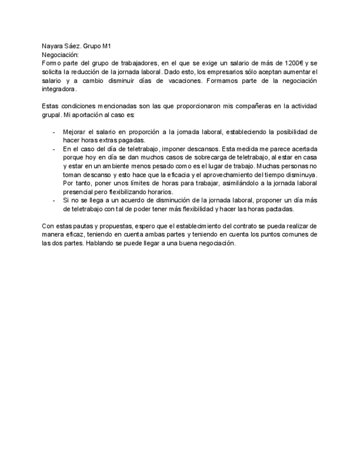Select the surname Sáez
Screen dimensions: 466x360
click(72, 47)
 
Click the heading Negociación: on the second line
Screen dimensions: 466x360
click(60, 55)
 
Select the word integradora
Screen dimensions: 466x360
click(58, 88)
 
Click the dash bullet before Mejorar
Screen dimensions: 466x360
click(53, 132)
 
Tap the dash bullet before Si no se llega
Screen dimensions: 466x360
click(53, 200)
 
